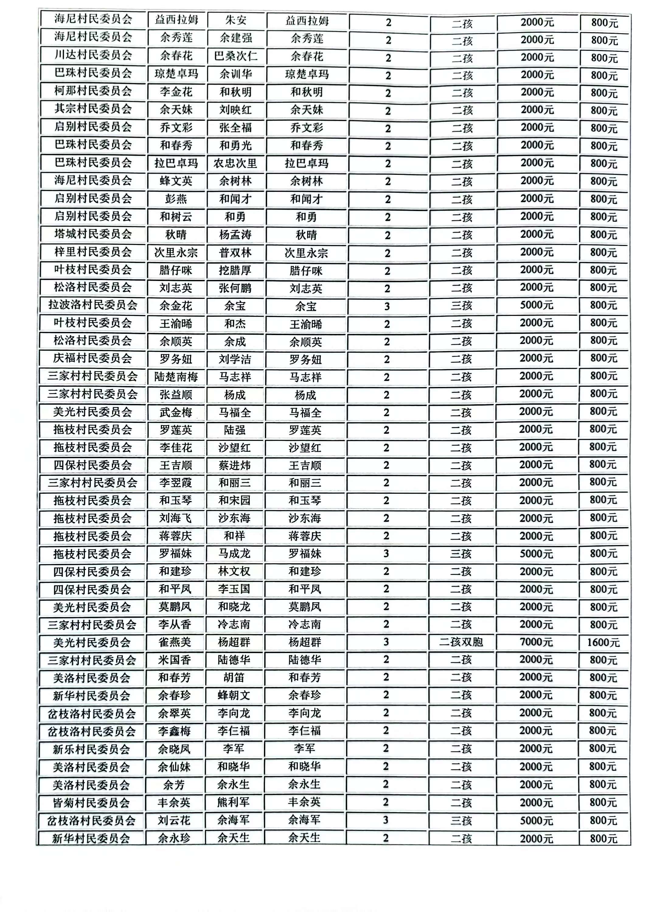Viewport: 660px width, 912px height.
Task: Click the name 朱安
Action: pos(236,20)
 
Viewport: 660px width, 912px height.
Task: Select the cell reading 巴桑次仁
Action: pos(236,56)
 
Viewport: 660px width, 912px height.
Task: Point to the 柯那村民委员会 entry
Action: pos(93,91)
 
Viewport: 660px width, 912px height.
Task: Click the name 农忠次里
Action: pos(235,163)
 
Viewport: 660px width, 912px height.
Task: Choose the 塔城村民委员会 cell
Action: pos(93,234)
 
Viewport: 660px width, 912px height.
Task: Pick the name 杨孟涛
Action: pos(235,234)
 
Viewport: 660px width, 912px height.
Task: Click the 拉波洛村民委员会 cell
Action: pos(93,305)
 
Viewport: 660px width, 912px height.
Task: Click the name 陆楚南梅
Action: pos(176,377)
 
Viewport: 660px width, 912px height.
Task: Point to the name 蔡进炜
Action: pos(234,465)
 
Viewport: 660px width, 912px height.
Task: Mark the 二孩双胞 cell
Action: pos(461,642)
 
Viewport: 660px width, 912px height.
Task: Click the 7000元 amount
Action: pos(536,642)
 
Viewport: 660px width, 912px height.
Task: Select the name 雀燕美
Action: pos(175,642)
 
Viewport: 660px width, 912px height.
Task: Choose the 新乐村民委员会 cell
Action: pos(92,749)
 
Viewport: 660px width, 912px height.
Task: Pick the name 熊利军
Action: pos(233,802)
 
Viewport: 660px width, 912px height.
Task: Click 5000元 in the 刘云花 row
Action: pos(536,820)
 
